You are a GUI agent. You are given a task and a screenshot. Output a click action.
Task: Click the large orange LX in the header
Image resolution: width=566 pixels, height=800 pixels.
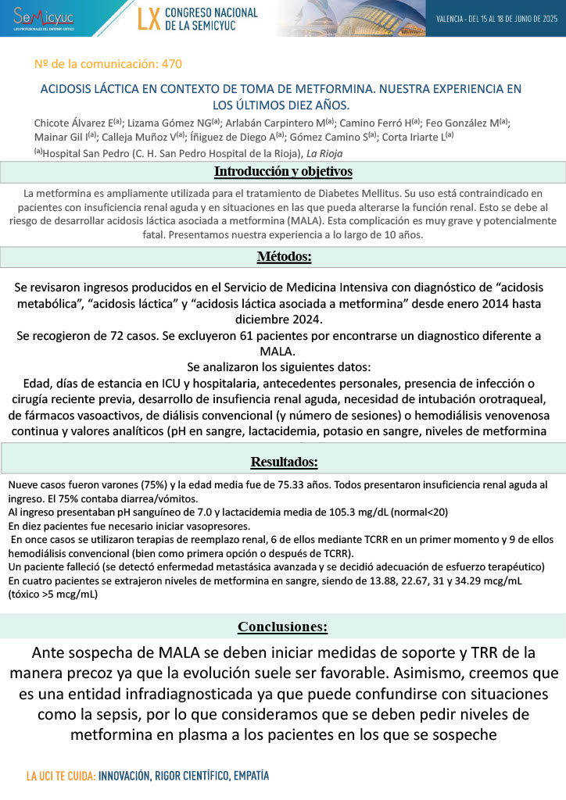(149, 20)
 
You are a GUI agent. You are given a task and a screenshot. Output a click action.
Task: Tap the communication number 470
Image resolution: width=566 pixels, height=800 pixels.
(173, 64)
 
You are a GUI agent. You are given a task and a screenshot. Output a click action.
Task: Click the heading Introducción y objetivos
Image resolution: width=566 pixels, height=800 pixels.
(283, 171)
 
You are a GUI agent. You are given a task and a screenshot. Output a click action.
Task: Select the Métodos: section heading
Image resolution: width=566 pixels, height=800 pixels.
(284, 257)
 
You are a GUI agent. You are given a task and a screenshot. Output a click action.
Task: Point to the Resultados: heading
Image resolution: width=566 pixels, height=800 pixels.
(283, 462)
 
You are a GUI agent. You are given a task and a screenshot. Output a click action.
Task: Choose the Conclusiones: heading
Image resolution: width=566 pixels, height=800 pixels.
(283, 605)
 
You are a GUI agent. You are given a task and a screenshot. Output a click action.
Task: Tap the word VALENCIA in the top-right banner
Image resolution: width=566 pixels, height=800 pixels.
(450, 19)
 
